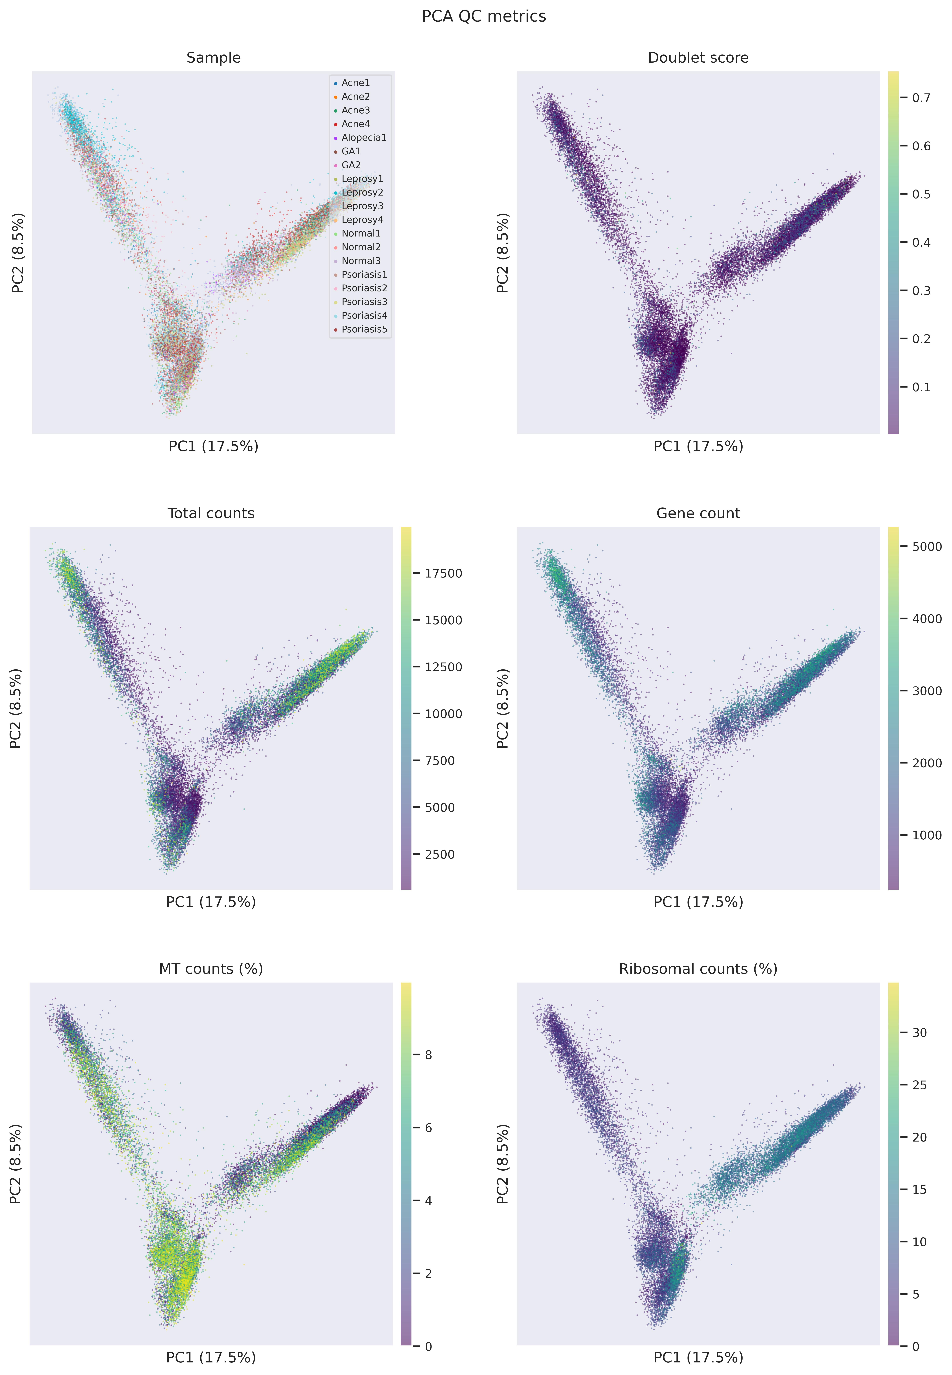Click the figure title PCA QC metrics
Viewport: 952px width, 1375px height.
(484, 16)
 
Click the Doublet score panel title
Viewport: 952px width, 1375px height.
(698, 58)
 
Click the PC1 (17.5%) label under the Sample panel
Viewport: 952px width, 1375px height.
(214, 446)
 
